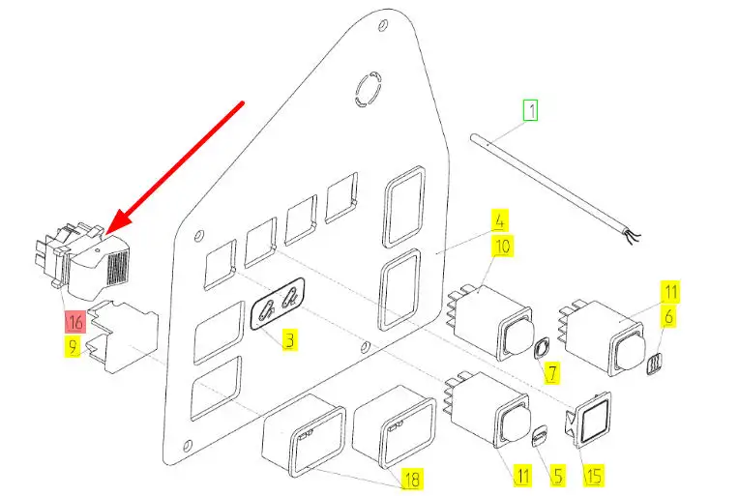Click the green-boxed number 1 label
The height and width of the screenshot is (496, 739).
click(529, 110)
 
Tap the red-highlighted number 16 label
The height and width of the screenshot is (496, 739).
click(75, 321)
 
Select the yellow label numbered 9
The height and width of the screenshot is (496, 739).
click(74, 346)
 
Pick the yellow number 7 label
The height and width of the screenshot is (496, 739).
click(551, 371)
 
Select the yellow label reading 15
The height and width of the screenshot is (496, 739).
click(592, 475)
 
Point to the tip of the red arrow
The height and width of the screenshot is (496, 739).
click(107, 230)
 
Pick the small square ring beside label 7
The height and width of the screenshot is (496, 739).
click(543, 348)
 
